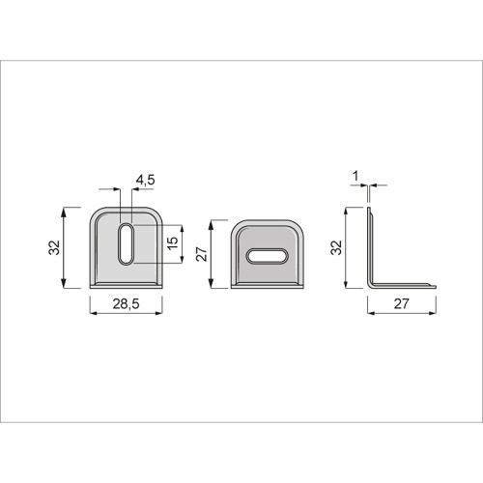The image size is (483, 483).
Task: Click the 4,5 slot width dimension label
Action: click(145, 180)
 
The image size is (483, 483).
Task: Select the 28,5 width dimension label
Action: click(126, 303)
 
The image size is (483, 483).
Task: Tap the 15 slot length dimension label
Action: click(173, 242)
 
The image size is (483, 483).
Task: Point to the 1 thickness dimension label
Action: click(355, 176)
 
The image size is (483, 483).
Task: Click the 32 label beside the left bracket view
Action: click(54, 247)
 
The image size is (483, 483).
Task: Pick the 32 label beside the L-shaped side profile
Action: click(336, 247)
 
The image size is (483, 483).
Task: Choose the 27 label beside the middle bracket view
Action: click(202, 254)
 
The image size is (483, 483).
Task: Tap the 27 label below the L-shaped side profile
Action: click(401, 303)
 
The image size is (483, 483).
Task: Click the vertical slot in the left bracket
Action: click(126, 243)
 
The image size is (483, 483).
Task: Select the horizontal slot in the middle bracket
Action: click(268, 256)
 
